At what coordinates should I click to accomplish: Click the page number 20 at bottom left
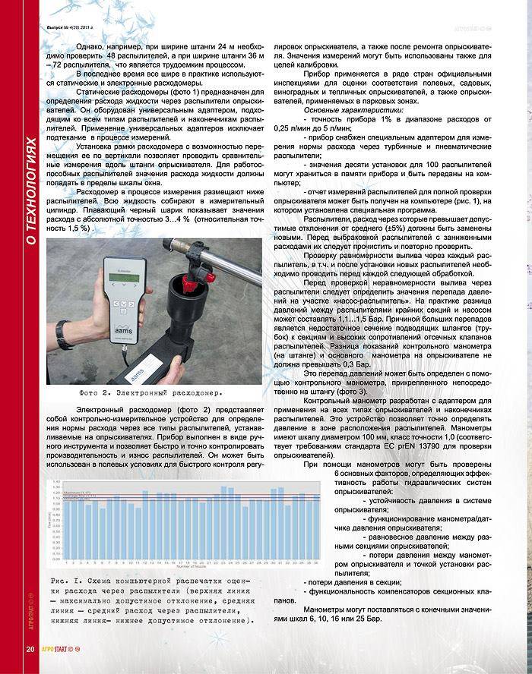click(x=30, y=648)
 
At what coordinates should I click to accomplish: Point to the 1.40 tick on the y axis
click(x=56, y=481)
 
